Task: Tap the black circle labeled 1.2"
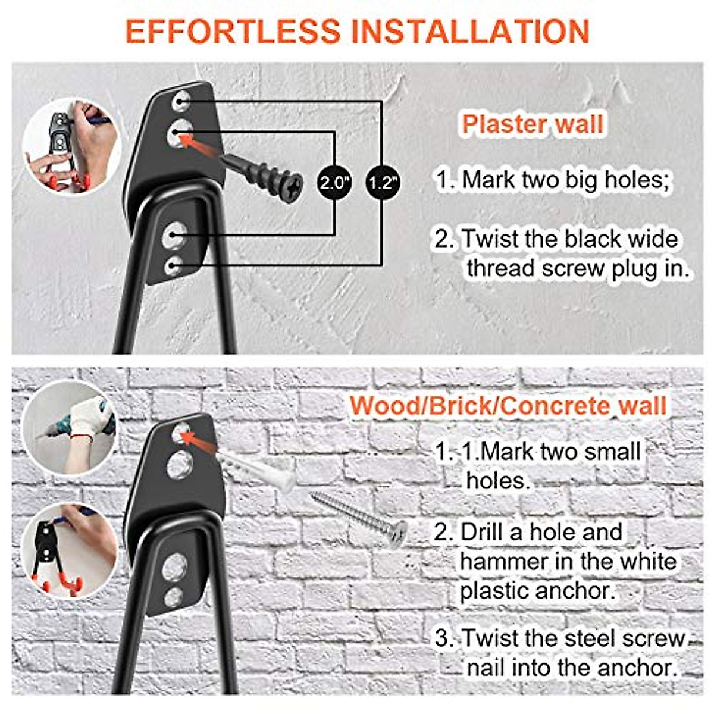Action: (x=381, y=182)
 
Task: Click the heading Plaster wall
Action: (x=533, y=124)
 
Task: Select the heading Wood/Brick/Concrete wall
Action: (x=508, y=406)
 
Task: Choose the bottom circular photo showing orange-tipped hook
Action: (x=70, y=550)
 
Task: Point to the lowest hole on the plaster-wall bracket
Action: (x=173, y=265)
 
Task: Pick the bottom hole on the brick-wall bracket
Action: (x=174, y=596)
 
